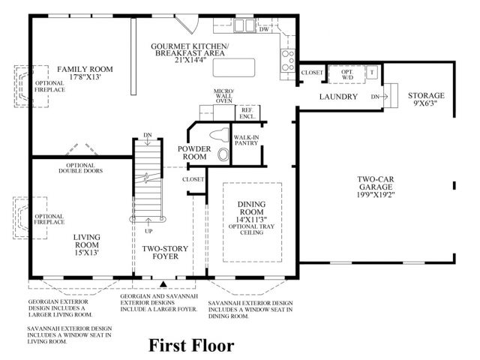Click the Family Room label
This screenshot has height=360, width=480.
click(85, 69)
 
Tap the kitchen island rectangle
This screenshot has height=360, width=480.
click(234, 67)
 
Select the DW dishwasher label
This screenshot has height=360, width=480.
click(264, 29)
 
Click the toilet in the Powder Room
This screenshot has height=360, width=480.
click(220, 135)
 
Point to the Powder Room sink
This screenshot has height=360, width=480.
click(223, 154)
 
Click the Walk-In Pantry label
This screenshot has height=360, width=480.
click(246, 140)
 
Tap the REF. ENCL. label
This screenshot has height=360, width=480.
click(247, 113)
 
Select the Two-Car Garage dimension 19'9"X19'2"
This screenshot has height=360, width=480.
click(376, 194)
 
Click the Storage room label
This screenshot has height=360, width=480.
click(426, 95)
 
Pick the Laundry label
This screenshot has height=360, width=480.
click(338, 97)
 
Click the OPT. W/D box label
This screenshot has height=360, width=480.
click(347, 75)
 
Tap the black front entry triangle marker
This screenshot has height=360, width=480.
click(163, 284)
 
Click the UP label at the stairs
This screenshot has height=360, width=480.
click(148, 231)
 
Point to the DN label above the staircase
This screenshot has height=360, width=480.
click(148, 135)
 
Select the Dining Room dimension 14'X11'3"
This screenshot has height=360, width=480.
click(252, 219)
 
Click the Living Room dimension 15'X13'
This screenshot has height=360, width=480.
click(87, 253)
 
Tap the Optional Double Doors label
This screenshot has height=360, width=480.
click(80, 168)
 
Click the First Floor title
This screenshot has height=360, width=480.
click(192, 345)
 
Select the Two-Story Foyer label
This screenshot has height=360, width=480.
click(165, 253)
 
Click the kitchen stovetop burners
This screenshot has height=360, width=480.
click(288, 61)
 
